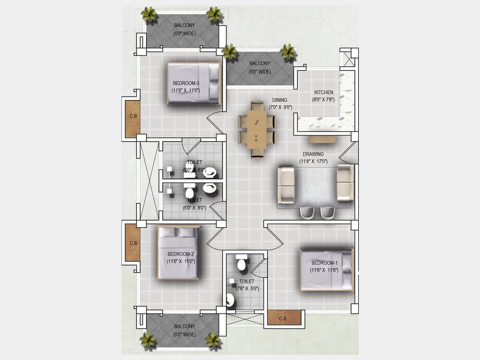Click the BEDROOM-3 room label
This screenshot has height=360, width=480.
tap(186, 83)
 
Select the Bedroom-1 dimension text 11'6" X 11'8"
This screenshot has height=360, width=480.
tap(324, 270)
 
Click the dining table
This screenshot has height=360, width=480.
tap(256, 130)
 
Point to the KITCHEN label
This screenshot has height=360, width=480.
tap(323, 92)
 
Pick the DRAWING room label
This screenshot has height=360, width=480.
tap(313, 154)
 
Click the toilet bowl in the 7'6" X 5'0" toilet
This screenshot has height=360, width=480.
tap(241, 264)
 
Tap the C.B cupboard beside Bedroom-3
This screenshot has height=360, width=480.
tap(133, 119)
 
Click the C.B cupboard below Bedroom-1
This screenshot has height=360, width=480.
tap(283, 318)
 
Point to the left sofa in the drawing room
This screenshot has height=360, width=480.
tap(286, 185)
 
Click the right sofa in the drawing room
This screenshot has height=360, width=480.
tap(345, 183)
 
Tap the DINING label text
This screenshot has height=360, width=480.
tap(280, 100)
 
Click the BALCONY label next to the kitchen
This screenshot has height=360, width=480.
tap(259, 63)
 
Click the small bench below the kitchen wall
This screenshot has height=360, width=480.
tap(322, 139)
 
